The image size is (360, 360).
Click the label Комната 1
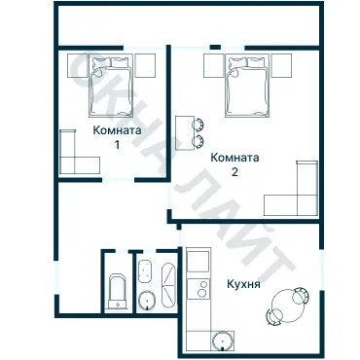click(117, 137)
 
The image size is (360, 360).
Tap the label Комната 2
click(234, 164)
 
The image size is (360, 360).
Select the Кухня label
click(243, 284)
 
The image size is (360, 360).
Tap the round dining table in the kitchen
click(288, 305)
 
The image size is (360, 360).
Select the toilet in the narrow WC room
click(117, 292)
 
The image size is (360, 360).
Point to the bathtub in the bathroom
click(168, 285)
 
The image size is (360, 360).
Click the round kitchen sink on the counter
click(223, 341)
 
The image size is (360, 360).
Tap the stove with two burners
click(198, 288)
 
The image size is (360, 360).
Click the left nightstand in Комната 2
click(214, 66)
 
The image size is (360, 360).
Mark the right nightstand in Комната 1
click(145, 65)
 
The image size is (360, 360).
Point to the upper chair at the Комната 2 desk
click(198, 125)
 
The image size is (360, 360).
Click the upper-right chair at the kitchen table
click(301, 295)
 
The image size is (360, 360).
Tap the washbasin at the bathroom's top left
click(145, 270)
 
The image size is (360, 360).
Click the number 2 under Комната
click(234, 172)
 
